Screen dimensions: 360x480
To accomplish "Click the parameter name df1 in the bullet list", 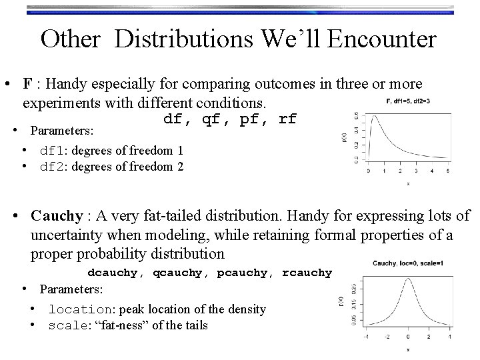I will tap(53, 151).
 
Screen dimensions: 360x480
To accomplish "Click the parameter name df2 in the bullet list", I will tap(53, 167).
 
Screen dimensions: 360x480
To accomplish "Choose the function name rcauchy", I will tap(307, 273).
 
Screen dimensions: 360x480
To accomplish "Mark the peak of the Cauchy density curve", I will tap(407, 277).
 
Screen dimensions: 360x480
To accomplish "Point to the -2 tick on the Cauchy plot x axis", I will tap(387, 337).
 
